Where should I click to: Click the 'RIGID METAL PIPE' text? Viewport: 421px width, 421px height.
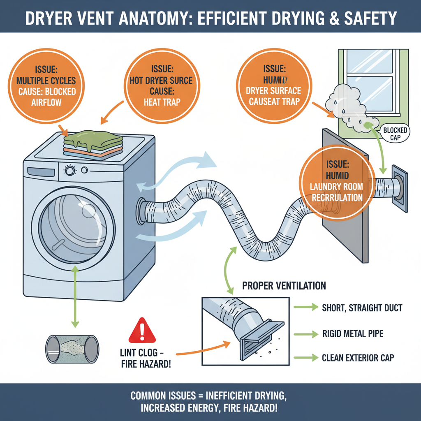(x=353, y=333)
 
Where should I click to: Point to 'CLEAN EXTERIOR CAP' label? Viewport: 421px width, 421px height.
(x=358, y=358)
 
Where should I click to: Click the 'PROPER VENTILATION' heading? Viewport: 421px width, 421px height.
(x=284, y=285)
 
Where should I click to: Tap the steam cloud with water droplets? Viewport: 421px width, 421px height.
(x=348, y=105)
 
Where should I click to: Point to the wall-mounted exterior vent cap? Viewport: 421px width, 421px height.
(x=399, y=189)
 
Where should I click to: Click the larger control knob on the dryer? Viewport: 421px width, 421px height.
(x=70, y=170)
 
